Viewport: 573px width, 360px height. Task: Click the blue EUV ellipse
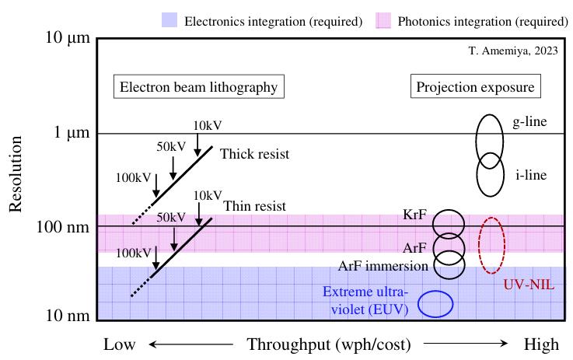pos(436,303)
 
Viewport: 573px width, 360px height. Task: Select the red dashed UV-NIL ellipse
pos(491,245)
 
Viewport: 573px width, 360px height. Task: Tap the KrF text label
pos(414,213)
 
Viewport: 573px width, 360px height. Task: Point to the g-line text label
pos(527,124)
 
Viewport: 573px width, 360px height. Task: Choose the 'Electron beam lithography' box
pos(198,86)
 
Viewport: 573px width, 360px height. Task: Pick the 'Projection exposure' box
pos(476,86)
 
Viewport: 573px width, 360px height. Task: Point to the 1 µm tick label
pos(65,133)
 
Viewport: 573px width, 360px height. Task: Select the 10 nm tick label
pos(62,316)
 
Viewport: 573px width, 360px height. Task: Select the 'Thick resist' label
pos(254,154)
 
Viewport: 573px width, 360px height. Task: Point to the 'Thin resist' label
pos(254,206)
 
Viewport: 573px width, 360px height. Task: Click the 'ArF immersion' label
pos(383,266)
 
